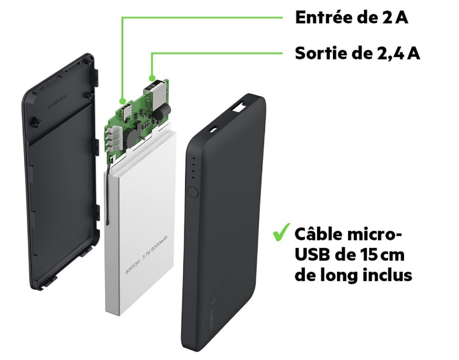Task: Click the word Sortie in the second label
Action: point(319,54)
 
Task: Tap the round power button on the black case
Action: point(193,192)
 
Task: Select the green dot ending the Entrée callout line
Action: point(121,100)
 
